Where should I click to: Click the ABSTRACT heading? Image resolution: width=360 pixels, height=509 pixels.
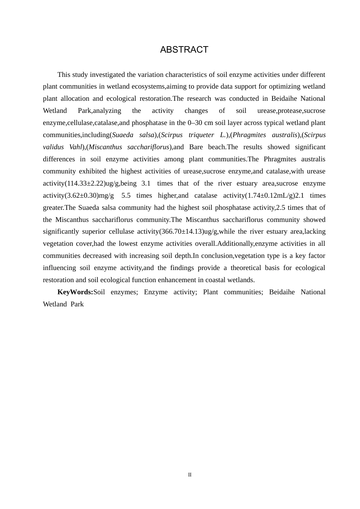click(x=184, y=50)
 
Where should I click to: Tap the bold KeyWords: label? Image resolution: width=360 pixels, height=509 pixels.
click(x=75, y=292)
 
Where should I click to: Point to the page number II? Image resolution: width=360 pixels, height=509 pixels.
click(x=190, y=475)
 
